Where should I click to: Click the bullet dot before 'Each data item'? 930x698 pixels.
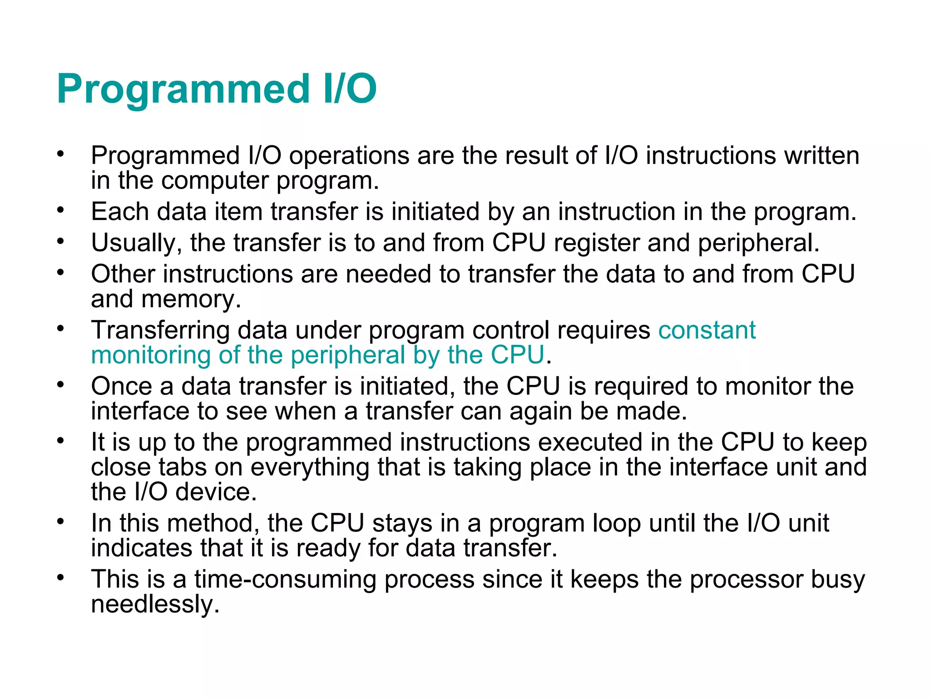point(61,211)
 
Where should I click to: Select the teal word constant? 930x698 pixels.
point(707,330)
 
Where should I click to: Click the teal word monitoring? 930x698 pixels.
point(150,355)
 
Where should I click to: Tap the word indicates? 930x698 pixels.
point(141,548)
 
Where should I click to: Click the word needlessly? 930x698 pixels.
point(155,604)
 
